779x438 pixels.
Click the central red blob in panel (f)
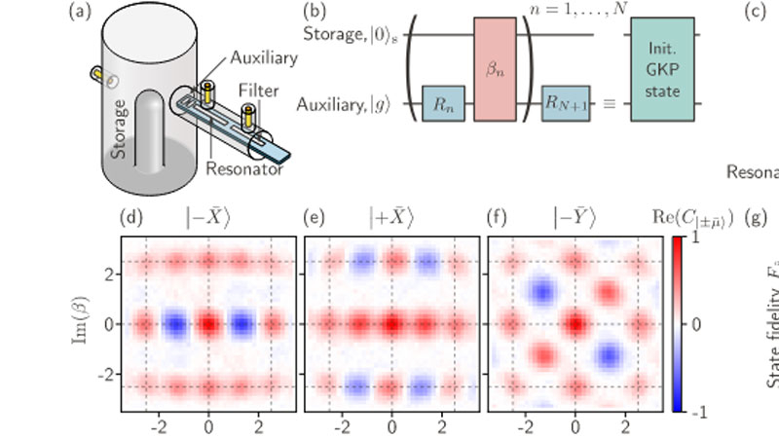point(575,323)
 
